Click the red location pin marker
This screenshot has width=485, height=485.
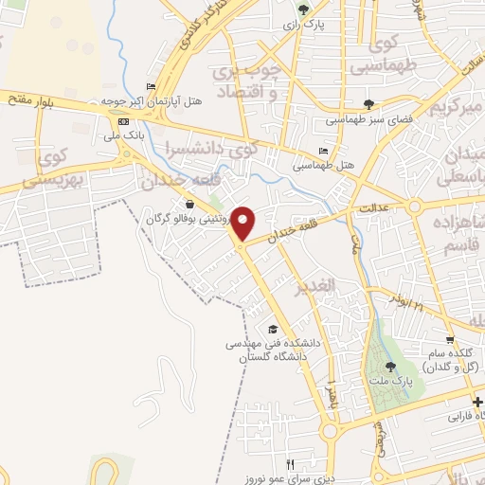tap(243, 223)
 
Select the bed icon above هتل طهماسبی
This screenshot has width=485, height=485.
tap(323, 152)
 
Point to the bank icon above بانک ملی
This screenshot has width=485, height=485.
tap(122, 122)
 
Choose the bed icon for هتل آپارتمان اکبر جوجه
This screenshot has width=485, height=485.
tap(150, 86)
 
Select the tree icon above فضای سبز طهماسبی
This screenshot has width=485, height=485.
tap(368, 104)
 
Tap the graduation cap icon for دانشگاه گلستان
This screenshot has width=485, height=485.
tap(273, 329)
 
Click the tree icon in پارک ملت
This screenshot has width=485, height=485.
tap(390, 367)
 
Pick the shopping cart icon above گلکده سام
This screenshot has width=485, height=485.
tap(451, 338)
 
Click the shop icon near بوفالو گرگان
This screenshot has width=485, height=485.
tap(190, 204)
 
